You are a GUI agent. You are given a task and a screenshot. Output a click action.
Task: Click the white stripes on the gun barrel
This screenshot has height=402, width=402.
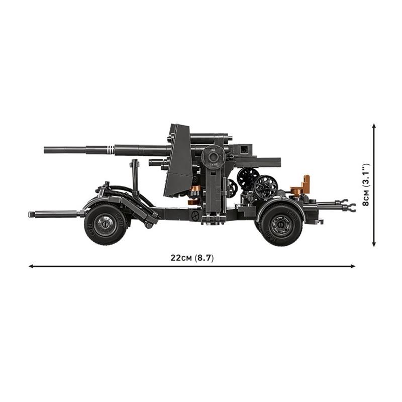tap(110, 150)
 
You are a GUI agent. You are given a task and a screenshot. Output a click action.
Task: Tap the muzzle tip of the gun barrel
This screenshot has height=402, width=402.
tap(45, 150)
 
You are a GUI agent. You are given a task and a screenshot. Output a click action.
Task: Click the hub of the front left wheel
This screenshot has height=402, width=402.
tap(105, 224)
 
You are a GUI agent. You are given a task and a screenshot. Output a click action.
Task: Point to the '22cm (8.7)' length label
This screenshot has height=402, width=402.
tap(192, 258)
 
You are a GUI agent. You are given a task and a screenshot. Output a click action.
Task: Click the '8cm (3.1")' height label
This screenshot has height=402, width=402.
tap(365, 184)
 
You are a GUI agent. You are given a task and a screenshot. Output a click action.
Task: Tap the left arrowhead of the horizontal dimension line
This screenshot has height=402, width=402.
tap(31, 266)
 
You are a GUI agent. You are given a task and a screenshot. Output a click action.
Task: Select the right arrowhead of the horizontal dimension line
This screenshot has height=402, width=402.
tap(353, 266)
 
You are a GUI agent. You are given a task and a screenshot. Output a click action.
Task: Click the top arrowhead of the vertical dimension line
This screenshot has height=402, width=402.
tap(374, 126)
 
